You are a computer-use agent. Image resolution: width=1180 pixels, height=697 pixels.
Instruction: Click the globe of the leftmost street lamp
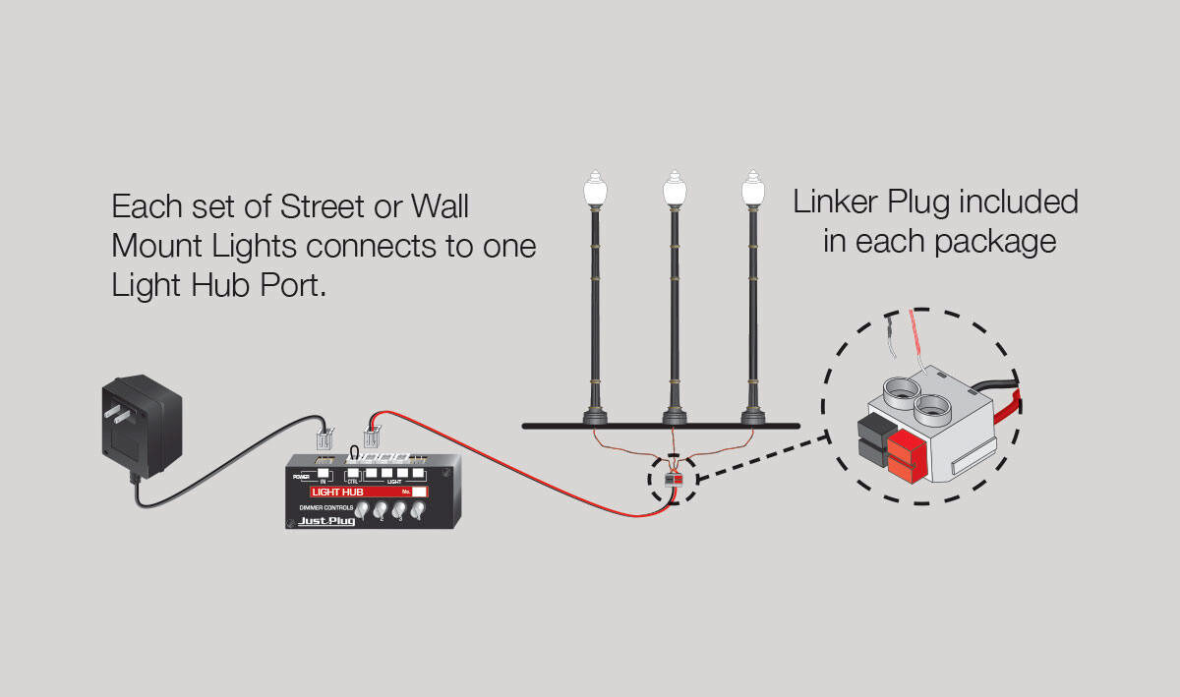(594, 190)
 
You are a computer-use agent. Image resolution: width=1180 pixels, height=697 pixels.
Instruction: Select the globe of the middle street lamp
(674, 190)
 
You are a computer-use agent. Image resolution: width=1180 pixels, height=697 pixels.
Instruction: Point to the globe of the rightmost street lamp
(752, 190)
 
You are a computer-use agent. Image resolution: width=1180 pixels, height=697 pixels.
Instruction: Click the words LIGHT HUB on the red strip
(338, 492)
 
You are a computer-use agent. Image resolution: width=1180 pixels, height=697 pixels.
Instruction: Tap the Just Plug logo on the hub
(326, 521)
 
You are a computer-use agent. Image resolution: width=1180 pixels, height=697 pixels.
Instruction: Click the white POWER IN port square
(323, 473)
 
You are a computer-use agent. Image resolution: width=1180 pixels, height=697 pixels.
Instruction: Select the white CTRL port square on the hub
(352, 473)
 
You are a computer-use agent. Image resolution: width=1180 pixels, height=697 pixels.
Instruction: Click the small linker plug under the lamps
(674, 479)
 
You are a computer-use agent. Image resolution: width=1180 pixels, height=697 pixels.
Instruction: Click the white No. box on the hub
(420, 492)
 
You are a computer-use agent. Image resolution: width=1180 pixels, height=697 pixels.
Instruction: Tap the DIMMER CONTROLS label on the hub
(325, 507)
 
